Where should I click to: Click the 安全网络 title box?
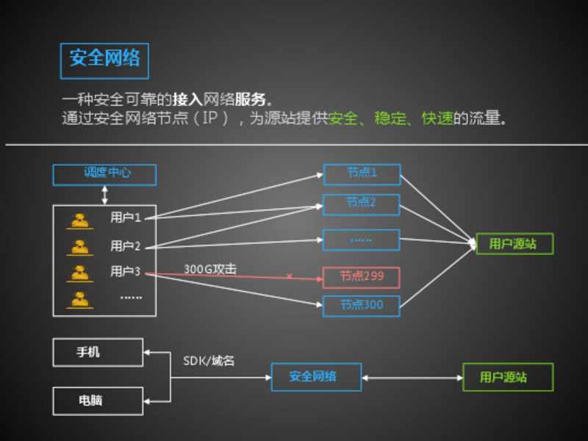click(x=104, y=60)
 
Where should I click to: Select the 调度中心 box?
click(x=104, y=174)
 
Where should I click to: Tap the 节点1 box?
click(x=362, y=174)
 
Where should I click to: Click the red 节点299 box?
click(x=362, y=277)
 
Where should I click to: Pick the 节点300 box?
click(x=362, y=304)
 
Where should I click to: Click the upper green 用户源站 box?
click(x=514, y=244)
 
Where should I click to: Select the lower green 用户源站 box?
click(x=507, y=377)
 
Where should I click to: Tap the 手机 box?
click(x=98, y=352)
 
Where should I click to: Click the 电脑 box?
click(x=98, y=401)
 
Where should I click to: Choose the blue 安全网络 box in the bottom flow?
click(x=315, y=377)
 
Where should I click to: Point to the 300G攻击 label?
click(x=210, y=270)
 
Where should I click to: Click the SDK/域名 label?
click(x=209, y=361)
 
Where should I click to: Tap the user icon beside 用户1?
click(x=79, y=219)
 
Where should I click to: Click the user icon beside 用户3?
click(x=79, y=273)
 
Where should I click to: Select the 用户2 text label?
click(x=125, y=245)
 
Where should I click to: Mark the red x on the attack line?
click(x=289, y=276)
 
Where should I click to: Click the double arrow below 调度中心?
click(x=104, y=194)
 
